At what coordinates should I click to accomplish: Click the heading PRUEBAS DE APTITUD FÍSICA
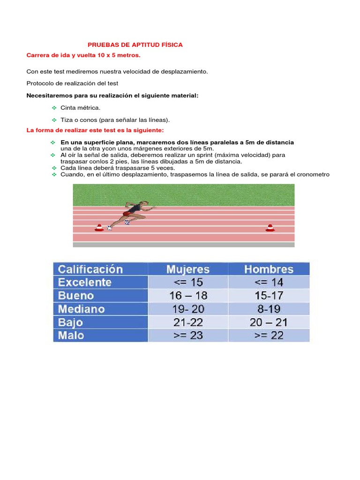135,45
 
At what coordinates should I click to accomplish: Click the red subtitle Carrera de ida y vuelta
83,56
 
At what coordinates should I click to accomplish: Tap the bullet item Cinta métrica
80,108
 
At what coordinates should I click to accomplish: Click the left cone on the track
98,227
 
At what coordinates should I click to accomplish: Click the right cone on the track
270,227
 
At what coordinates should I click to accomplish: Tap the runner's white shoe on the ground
110,228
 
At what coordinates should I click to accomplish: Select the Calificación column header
90,269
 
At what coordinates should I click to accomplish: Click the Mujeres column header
188,269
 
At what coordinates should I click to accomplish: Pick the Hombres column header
269,269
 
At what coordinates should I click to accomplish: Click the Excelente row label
84,282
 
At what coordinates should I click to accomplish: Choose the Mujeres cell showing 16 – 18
188,296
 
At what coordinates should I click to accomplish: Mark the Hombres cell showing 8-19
269,309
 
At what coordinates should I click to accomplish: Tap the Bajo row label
71,322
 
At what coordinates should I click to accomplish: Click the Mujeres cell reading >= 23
188,336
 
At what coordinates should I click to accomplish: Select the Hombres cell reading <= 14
269,282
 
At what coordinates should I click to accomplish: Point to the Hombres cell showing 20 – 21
269,322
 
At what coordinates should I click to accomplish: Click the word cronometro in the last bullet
313,174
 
